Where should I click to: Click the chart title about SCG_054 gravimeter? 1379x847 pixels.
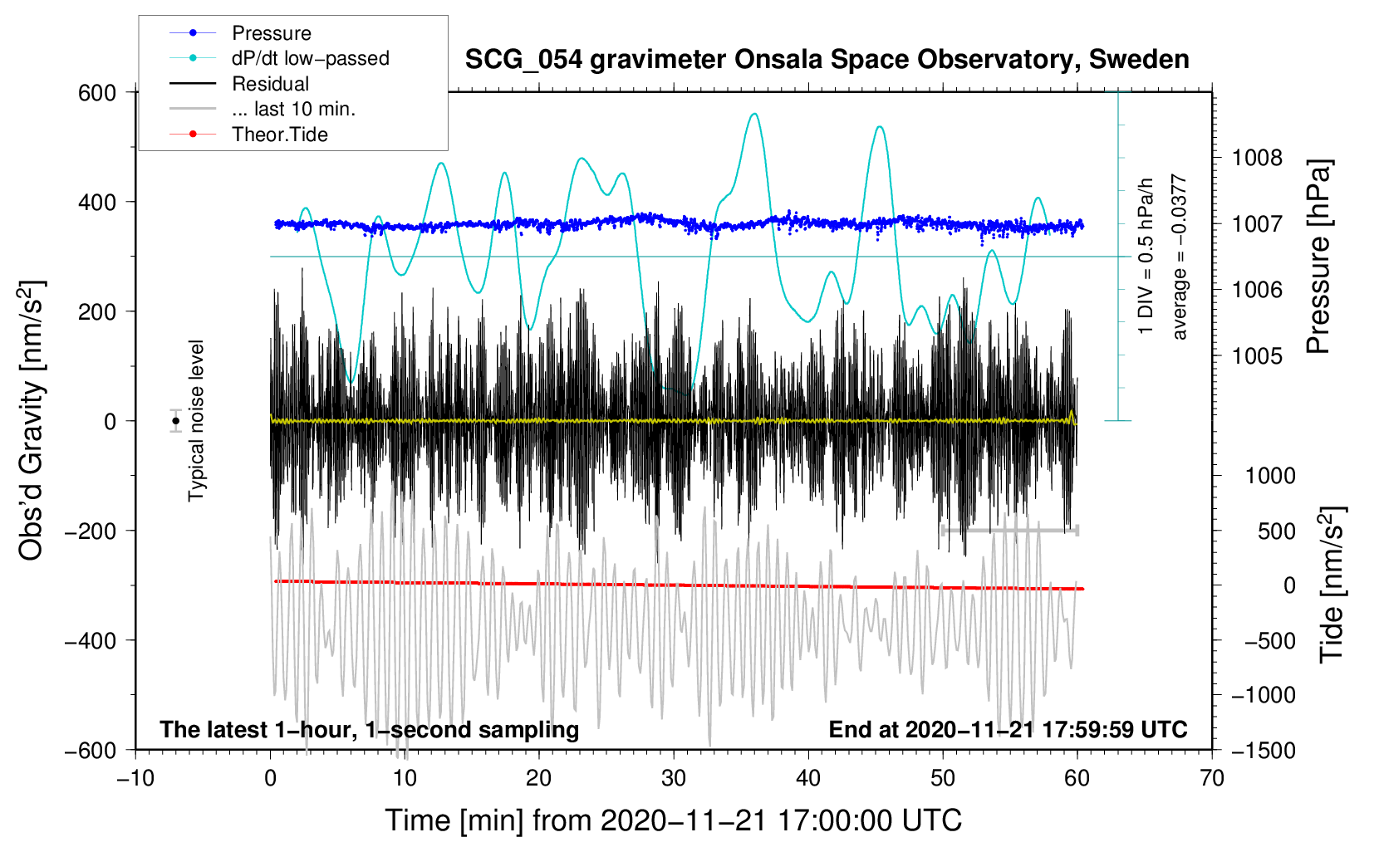coord(827,60)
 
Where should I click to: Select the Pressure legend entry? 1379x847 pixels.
coord(271,33)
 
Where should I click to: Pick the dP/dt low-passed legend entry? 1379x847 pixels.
coord(310,58)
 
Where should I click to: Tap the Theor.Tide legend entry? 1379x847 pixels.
coord(279,135)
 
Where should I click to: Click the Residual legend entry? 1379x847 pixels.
coord(270,84)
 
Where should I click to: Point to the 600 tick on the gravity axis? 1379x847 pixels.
coord(97,93)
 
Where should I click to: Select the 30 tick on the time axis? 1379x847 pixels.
coord(674,778)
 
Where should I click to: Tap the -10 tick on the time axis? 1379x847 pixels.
coord(135,778)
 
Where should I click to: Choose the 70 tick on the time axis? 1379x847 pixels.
coord(1212,778)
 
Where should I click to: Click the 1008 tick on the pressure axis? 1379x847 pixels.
coord(1257,158)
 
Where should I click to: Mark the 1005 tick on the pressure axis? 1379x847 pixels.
coord(1257,355)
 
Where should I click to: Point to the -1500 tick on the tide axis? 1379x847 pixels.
coord(1264,750)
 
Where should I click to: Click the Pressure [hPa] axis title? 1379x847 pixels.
coord(1319,257)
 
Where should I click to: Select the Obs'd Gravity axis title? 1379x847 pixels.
coord(32,421)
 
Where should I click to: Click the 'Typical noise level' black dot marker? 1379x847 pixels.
coord(176,421)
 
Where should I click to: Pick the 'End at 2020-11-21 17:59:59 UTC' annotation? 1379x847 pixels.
coord(1008,729)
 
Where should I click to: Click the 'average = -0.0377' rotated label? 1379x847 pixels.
coord(1180,257)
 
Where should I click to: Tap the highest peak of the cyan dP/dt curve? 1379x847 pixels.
coord(753,114)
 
